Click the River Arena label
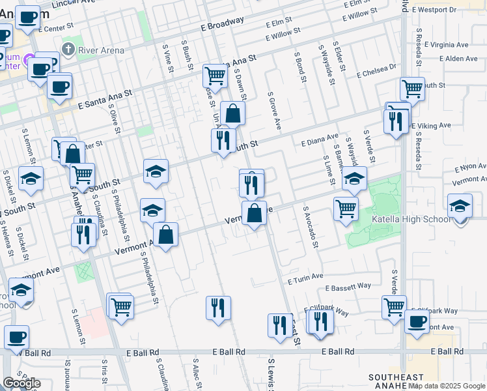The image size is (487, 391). click(x=101, y=50)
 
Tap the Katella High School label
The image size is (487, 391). click(x=410, y=220)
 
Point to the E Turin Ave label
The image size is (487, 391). click(x=305, y=277)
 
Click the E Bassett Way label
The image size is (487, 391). click(x=348, y=285)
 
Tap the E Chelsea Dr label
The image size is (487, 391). click(x=376, y=70)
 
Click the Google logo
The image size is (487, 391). click(x=21, y=383)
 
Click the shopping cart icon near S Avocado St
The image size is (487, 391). click(x=346, y=208)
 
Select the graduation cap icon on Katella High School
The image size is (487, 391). click(x=460, y=205)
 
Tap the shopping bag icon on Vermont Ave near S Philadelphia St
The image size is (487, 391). click(x=166, y=235)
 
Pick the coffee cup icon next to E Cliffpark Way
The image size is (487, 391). click(x=417, y=321)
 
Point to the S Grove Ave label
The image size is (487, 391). click(x=272, y=110)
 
